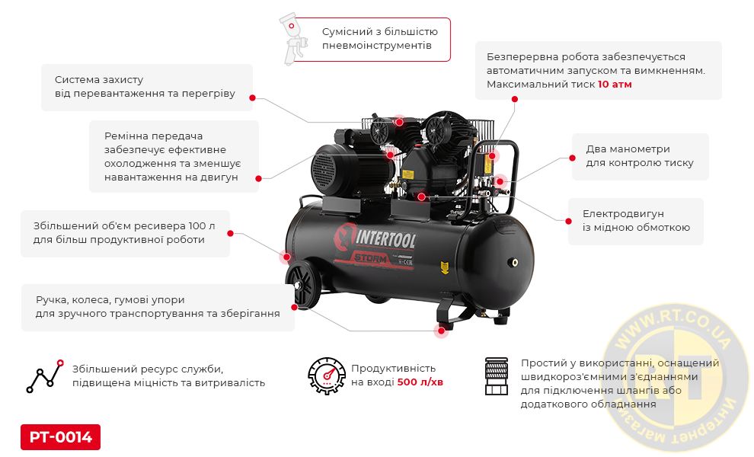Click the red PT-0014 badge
pos(61,436)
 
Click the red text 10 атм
pos(615,85)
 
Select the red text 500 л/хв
pos(420,382)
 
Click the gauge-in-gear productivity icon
pos(327,376)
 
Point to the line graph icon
pos(45,376)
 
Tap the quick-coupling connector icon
pos(497,376)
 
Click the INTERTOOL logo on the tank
pos(375,238)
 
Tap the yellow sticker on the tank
pos(445,267)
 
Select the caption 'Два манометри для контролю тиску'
pos(640,156)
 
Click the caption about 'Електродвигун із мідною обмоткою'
pos(636,221)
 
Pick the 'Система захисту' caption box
pos(147,87)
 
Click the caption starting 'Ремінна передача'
pos(174,156)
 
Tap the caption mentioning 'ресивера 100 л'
pos(125,233)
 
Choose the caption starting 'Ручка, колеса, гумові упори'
pos(158,307)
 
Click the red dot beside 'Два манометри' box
pos(572,158)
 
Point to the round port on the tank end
pos(515,263)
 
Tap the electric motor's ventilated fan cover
pos(324,171)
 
